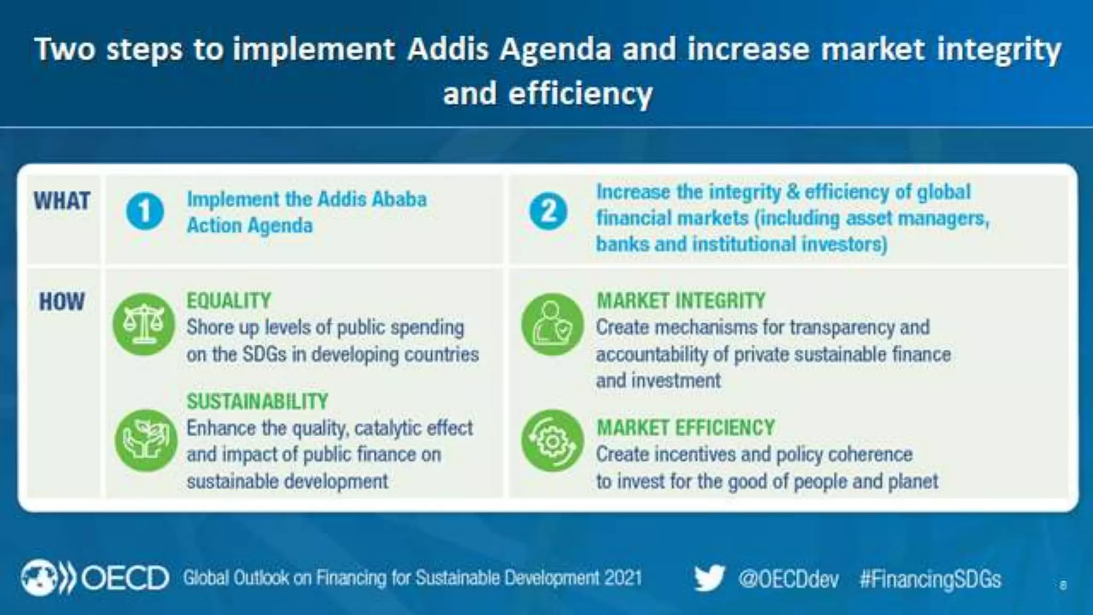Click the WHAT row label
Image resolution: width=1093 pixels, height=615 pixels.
coord(62,201)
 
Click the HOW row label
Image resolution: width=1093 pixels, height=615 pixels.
coord(62,302)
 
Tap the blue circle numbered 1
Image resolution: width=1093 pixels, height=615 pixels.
coord(145,211)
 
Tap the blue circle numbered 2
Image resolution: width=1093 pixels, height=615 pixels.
coord(548,211)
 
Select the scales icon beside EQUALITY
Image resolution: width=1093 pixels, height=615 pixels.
coord(144,324)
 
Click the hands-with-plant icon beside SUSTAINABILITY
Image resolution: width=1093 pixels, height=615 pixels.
coord(145,440)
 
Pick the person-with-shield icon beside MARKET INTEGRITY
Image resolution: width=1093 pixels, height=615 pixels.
coord(552,324)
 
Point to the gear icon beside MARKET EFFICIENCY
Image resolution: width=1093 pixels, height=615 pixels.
coord(552,440)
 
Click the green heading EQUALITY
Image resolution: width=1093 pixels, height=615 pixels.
coord(229,301)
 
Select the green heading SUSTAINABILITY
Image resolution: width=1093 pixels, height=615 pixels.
coord(257,401)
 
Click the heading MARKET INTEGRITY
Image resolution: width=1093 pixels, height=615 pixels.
coord(680,301)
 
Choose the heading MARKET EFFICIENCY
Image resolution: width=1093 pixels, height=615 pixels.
coord(685,428)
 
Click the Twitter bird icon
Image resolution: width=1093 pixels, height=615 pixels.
coord(709,578)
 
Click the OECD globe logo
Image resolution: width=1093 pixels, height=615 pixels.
coord(38,578)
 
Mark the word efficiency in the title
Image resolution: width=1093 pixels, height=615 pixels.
coord(581,94)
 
